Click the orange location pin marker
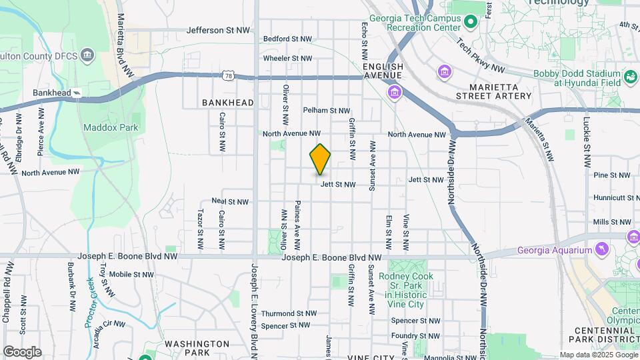tap(320, 159)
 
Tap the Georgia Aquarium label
tap(554, 251)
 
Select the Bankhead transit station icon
tap(77, 93)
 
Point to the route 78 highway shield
tap(229, 76)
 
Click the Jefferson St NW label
tap(218, 30)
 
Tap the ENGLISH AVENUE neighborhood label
tap(383, 71)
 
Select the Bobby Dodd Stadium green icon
tap(630, 78)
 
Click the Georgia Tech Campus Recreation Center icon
tap(471, 23)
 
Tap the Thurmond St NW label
tap(289, 313)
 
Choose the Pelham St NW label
tap(327, 111)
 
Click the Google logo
tap(22, 352)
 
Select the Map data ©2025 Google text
tap(598, 355)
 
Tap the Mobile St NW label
tap(132, 274)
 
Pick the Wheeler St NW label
tap(287, 59)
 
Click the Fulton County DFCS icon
tap(87, 54)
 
